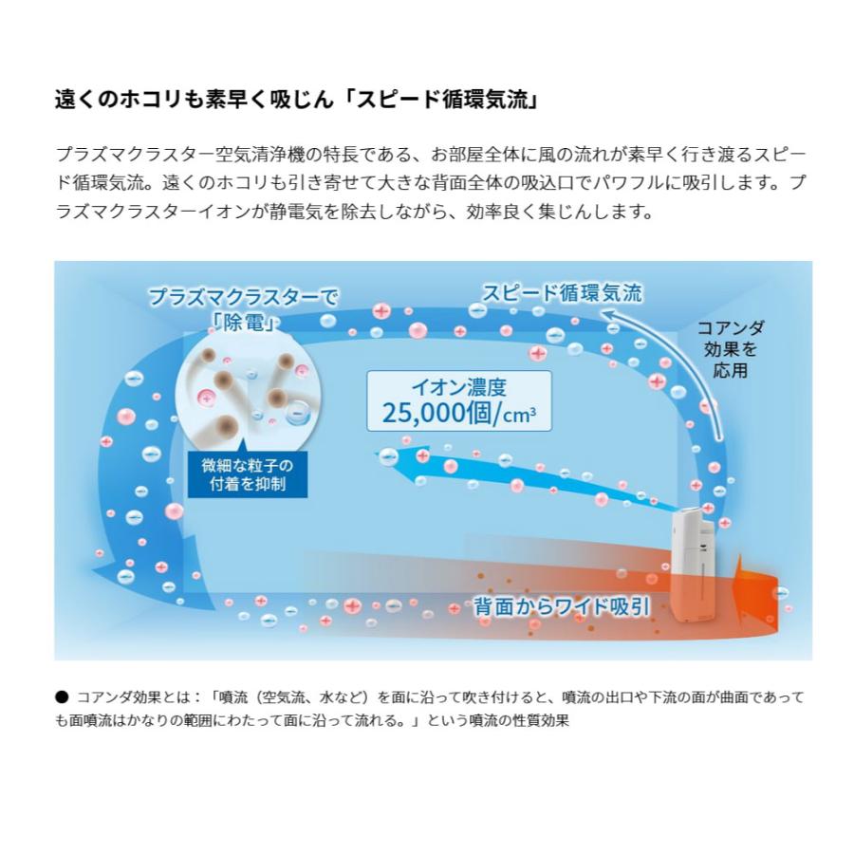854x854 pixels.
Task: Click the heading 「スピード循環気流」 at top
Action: coord(443,100)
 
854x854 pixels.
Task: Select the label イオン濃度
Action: coord(458,386)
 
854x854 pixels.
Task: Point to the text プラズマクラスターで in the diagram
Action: coord(243,297)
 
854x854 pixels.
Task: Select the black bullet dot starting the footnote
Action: coord(62,696)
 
